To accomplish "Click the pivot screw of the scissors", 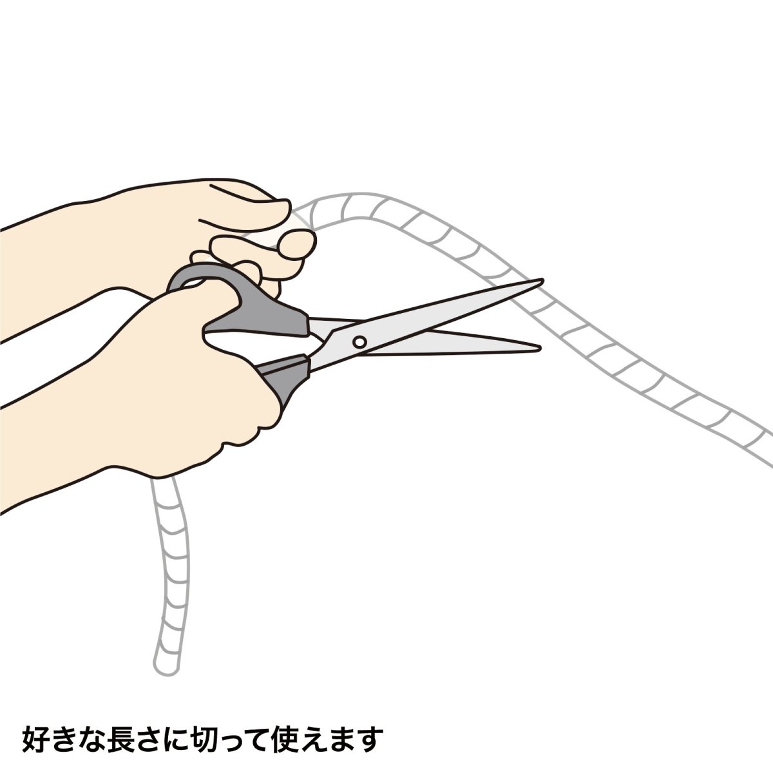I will [x=359, y=341].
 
